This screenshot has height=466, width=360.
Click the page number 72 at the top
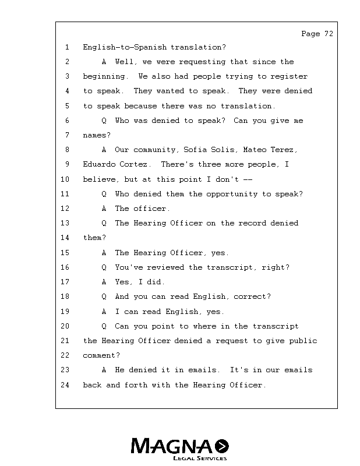pos(328,34)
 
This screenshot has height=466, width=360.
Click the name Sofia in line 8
pos(195,150)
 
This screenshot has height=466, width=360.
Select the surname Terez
pos(285,150)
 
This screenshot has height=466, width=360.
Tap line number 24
pos(65,384)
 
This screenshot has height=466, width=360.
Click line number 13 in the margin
pos(65,223)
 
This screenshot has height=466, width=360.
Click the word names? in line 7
pos(96,135)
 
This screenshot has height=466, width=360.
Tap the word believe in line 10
pos(98,179)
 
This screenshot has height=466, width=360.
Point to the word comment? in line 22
pos(101,355)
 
